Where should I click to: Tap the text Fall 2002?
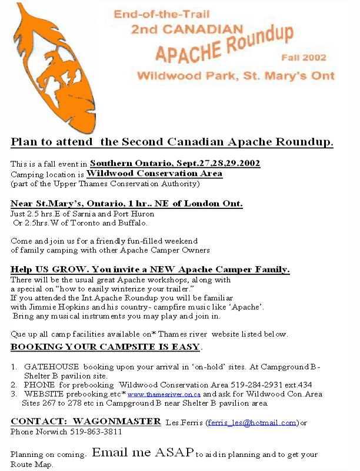[x=303, y=58]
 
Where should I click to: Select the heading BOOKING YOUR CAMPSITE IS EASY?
[x=106, y=346]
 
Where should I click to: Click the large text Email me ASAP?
[x=142, y=453]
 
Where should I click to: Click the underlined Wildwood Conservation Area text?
[x=154, y=174]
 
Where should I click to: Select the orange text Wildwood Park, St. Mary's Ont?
[x=235, y=75]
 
